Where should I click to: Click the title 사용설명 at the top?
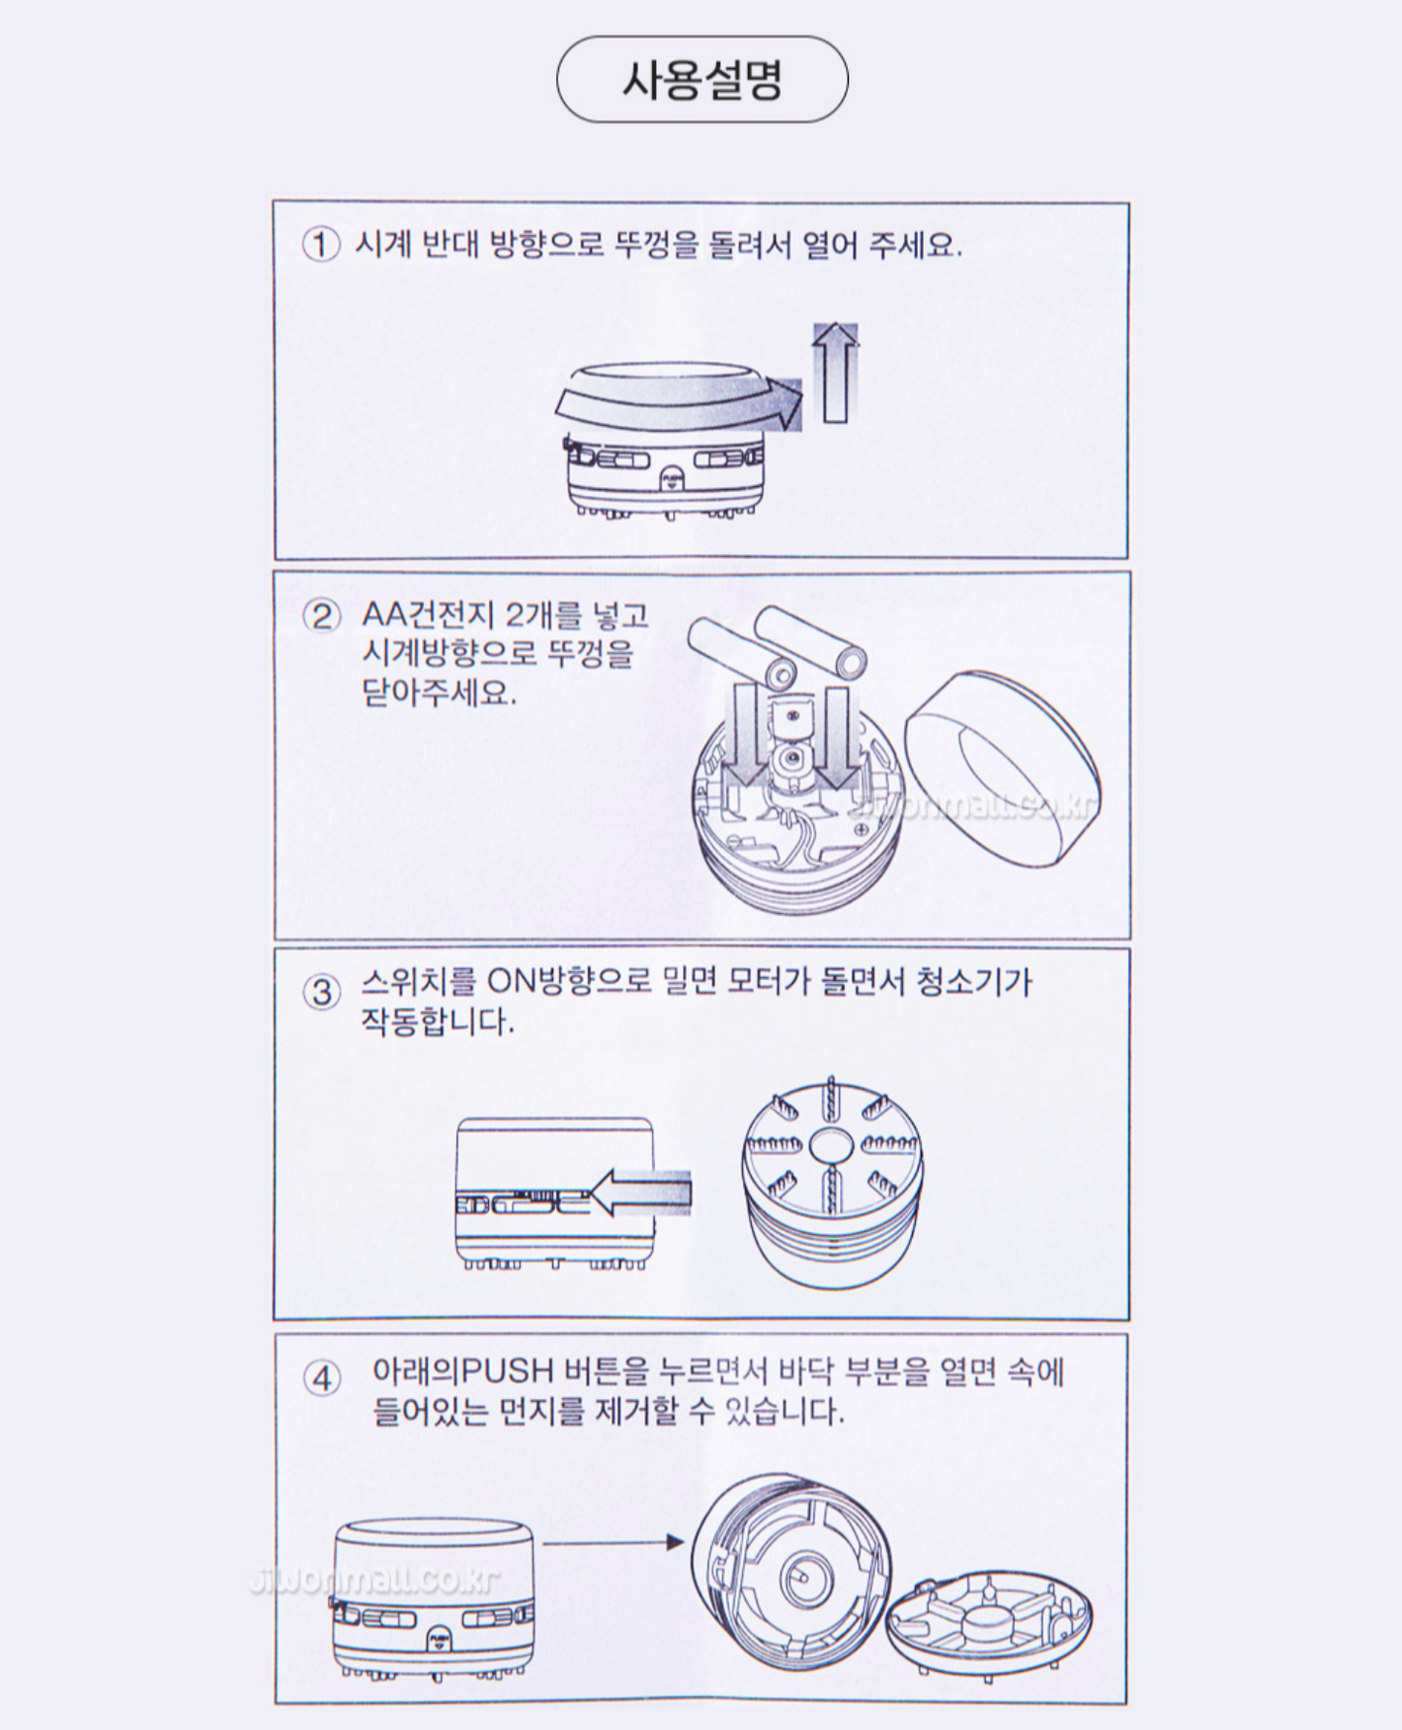click(x=701, y=80)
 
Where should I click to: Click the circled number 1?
click(x=321, y=244)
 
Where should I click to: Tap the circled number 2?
click(x=321, y=616)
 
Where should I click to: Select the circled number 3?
click(x=321, y=992)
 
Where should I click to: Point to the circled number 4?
click(x=321, y=1379)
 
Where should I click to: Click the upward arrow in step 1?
click(x=834, y=373)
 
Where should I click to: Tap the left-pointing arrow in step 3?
click(x=640, y=1192)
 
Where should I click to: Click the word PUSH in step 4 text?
click(x=505, y=1372)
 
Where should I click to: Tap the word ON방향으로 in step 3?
click(x=569, y=982)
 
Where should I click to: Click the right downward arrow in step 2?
click(x=837, y=737)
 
